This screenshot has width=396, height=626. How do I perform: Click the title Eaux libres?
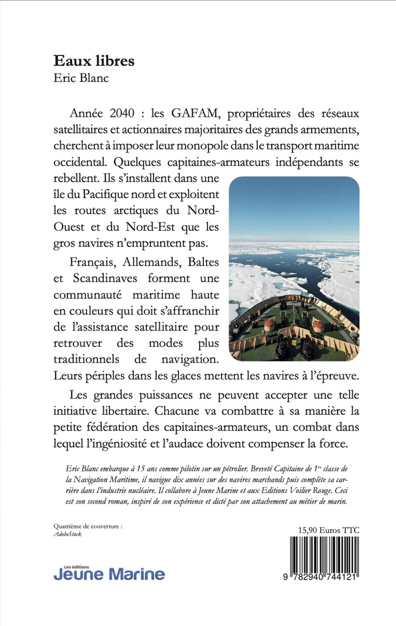[x=94, y=61]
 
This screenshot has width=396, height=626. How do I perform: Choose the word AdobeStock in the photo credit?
[x=68, y=534]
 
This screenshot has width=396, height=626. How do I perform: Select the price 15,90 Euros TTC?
[x=326, y=530]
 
